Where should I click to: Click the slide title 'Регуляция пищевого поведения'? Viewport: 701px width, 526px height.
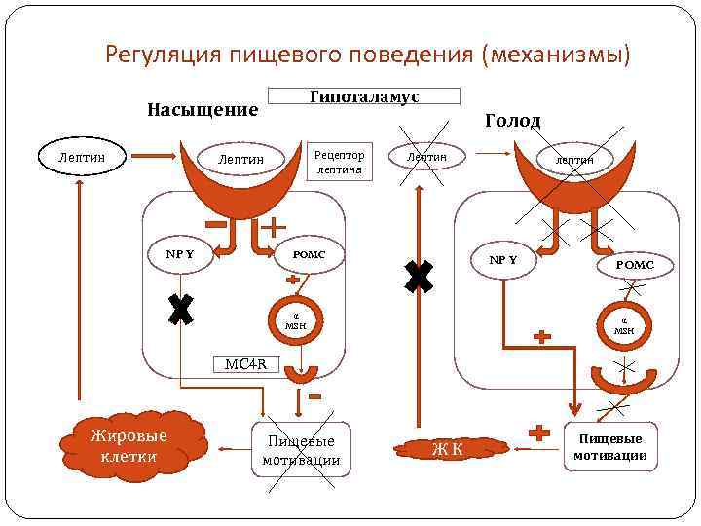point(368,54)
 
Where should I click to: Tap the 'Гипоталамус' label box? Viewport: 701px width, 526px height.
point(363,96)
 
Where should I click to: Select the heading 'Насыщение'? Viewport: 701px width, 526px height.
point(203,109)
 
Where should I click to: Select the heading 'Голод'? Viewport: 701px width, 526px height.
point(512,121)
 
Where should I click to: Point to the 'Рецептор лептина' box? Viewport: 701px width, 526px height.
point(339,162)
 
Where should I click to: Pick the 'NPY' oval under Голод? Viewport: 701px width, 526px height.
point(502,260)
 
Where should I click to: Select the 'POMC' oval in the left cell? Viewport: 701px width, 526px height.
point(309,255)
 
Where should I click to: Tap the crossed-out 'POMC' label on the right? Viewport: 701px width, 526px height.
point(634,265)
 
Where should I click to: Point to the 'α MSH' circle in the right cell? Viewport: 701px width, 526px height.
point(624,324)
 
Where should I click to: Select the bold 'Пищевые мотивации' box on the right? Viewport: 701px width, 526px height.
point(609,447)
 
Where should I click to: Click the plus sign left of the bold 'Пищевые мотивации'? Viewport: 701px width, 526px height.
point(535,432)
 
